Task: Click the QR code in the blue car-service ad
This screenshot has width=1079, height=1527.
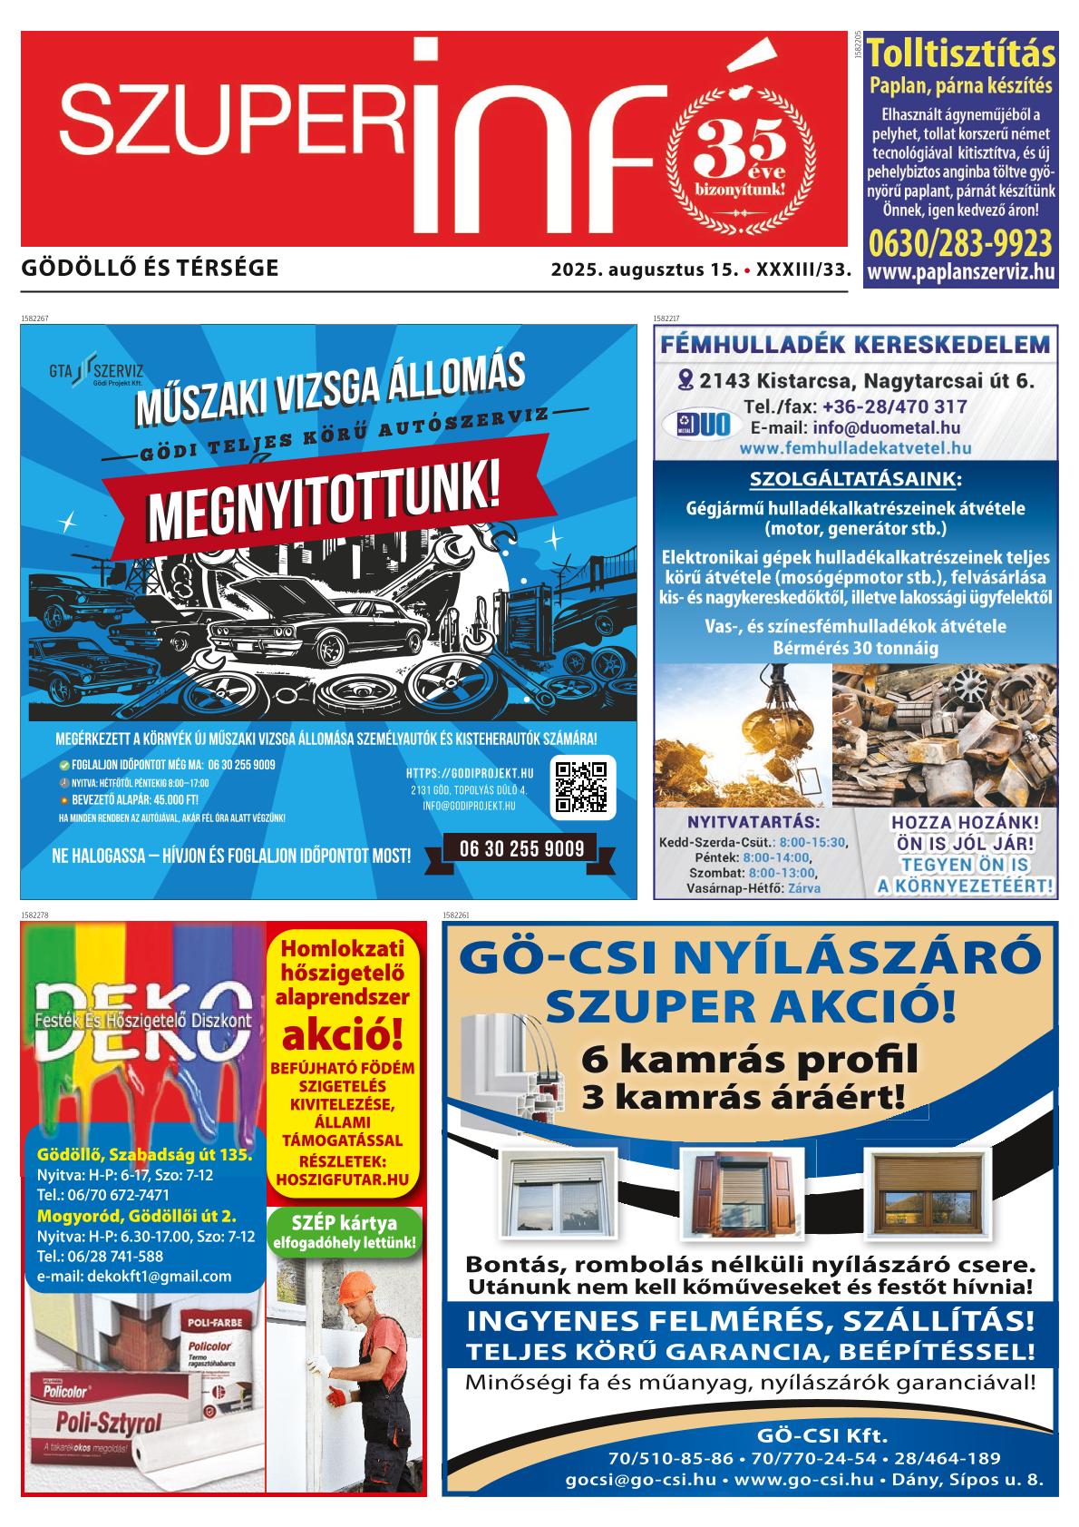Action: pyautogui.click(x=581, y=786)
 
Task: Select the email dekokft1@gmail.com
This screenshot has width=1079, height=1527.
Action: pyautogui.click(x=134, y=1276)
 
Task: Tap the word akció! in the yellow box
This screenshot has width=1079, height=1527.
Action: pyautogui.click(x=345, y=1034)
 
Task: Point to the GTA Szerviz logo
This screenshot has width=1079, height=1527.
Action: pyautogui.click(x=95, y=371)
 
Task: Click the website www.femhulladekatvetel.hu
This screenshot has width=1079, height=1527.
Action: pyautogui.click(x=855, y=447)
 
